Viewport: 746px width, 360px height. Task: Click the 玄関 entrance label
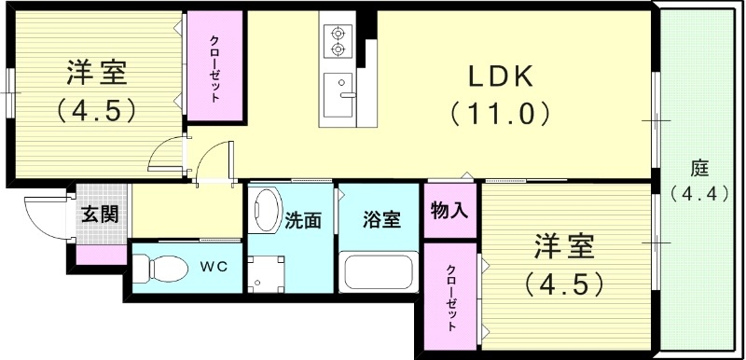click(99, 215)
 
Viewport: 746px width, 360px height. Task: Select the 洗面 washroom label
click(304, 221)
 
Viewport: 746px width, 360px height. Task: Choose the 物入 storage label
click(449, 211)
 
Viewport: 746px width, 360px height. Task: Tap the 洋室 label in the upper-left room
click(96, 72)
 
